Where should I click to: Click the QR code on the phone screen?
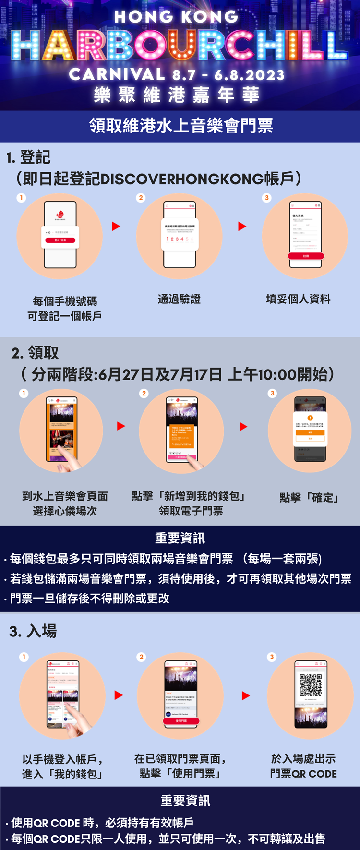pyautogui.click(x=311, y=685)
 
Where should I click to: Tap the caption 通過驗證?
pyautogui.click(x=179, y=299)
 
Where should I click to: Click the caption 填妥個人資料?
pyautogui.click(x=298, y=299)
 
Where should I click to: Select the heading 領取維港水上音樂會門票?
pyautogui.click(x=180, y=126)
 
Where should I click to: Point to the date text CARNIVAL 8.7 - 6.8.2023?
pyautogui.click(x=177, y=74)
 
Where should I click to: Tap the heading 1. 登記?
pyautogui.click(x=28, y=157)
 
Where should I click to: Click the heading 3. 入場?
pyautogui.click(x=33, y=631)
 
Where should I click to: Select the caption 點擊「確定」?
pyautogui.click(x=310, y=497)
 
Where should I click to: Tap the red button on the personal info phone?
pyautogui.click(x=306, y=256)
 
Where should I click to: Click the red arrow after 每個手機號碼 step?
pyautogui.click(x=116, y=226)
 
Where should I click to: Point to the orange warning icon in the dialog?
pyautogui.click(x=310, y=418)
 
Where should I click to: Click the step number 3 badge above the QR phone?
pyautogui.click(x=272, y=657)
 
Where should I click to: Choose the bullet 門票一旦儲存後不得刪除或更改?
pyautogui.click(x=89, y=598)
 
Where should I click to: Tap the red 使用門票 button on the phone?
pyautogui.click(x=181, y=721)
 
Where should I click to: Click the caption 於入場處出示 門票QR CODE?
pyautogui.click(x=303, y=766)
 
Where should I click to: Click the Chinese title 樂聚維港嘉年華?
pyautogui.click(x=177, y=95)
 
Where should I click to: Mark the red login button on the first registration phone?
pyautogui.click(x=60, y=240)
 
